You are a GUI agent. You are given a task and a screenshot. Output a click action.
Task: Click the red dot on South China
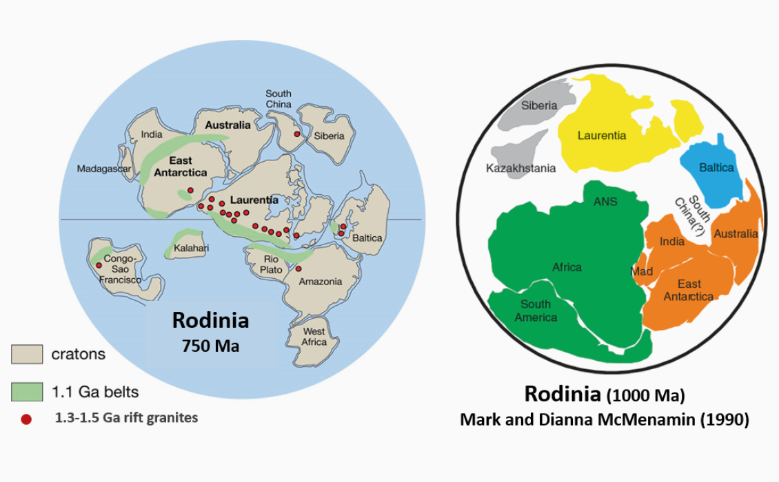coord(297,134)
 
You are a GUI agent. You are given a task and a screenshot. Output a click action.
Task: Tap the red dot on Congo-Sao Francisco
coord(99,265)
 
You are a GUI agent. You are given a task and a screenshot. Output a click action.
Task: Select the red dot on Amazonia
coord(299,269)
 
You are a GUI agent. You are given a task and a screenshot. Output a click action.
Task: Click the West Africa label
coord(314,337)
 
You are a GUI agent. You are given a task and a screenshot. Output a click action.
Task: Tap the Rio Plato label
coord(271,264)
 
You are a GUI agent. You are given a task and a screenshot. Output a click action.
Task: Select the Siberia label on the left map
coord(329,136)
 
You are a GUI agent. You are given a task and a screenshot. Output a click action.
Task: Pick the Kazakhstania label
coord(520,168)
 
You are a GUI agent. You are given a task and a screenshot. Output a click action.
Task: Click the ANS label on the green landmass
coord(605,202)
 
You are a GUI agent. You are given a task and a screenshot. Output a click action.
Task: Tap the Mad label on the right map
coord(641,271)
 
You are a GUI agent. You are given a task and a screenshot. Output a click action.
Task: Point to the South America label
coord(536,311)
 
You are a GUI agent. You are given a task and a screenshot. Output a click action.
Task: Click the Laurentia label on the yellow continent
coord(602,135)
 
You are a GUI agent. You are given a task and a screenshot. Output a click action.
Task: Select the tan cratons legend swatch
coord(27,355)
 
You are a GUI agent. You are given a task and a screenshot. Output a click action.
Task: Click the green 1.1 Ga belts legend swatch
coord(27,392)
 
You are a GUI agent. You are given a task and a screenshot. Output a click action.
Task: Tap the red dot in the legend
coord(26,419)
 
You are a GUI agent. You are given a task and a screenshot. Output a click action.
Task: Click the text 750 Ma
coord(210,346)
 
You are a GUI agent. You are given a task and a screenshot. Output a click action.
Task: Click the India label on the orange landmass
coord(672,241)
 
